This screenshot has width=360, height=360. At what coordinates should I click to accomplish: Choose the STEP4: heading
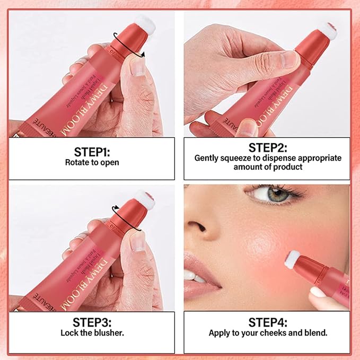[267, 322]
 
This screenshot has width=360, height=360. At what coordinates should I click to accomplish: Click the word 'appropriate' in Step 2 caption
[318, 158]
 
